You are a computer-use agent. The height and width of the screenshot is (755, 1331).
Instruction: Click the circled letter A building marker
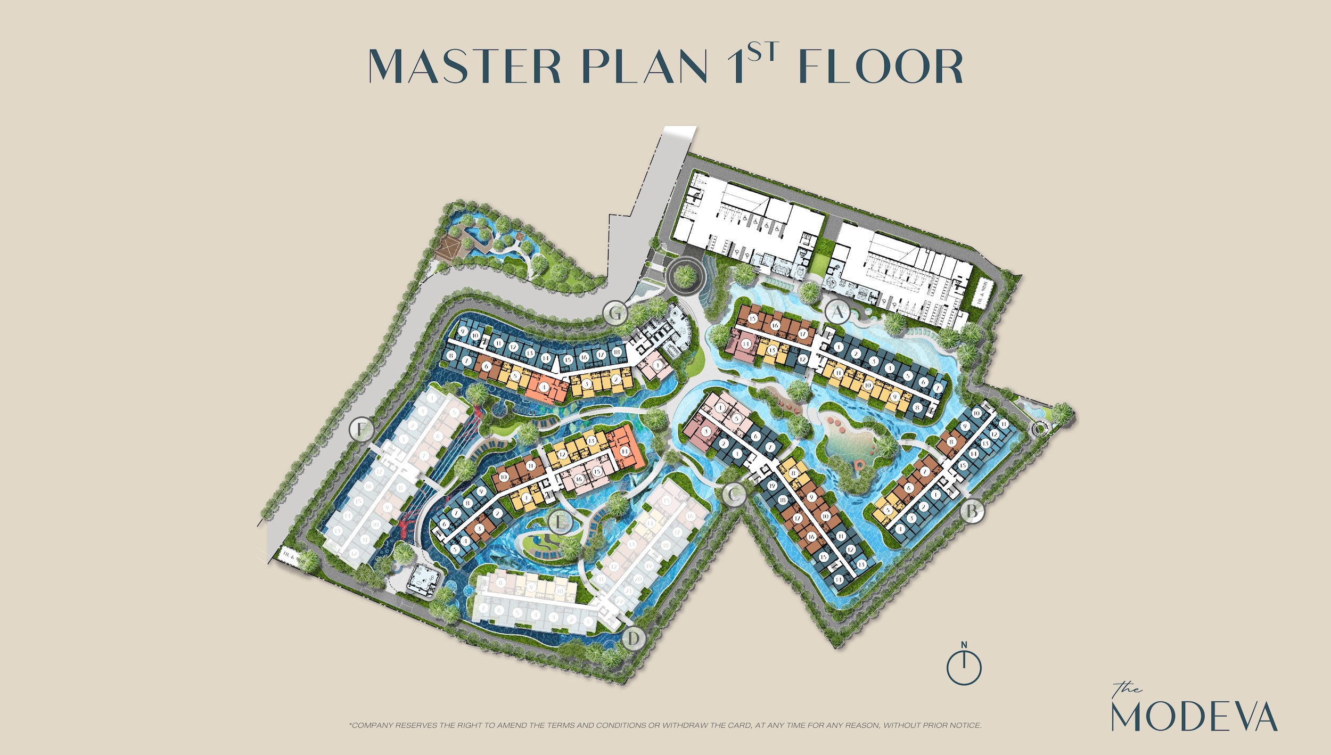pos(838,312)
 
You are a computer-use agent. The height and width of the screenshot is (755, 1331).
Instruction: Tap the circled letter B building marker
pos(972,512)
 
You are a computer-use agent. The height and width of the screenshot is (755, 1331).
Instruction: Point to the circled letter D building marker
pos(633,638)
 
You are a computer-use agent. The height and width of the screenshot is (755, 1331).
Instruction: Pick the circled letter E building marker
pos(559,522)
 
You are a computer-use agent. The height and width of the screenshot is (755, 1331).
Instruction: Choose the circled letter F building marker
pos(361,430)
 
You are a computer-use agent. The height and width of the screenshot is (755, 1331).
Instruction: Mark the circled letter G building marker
pos(615,314)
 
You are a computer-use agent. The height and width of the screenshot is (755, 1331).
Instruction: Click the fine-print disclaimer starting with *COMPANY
pos(665,726)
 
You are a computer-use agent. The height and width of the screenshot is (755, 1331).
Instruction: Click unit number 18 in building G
pos(617,352)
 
